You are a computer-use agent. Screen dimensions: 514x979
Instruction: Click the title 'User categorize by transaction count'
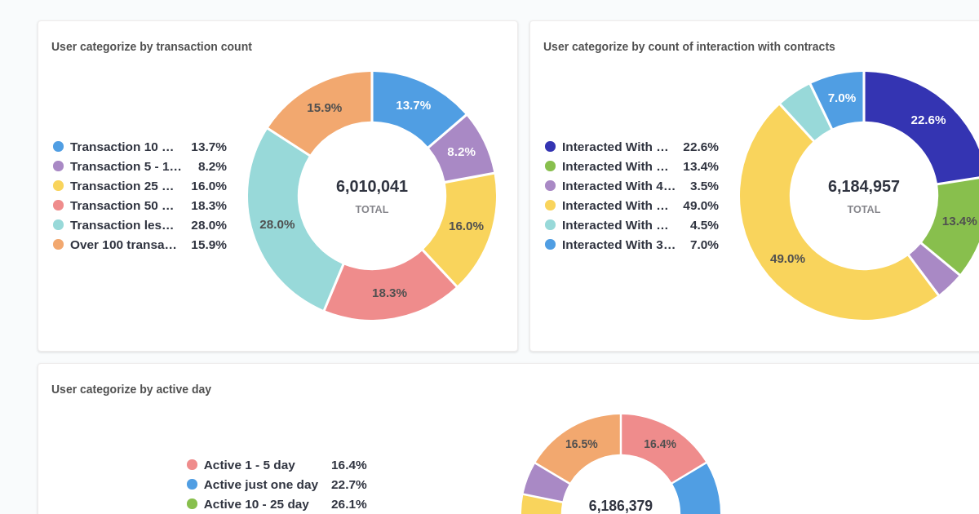152,47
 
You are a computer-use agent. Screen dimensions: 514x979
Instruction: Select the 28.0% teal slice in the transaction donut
277,224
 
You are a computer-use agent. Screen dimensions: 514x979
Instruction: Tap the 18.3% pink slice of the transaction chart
389,292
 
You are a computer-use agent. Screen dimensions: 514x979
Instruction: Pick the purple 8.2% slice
461,151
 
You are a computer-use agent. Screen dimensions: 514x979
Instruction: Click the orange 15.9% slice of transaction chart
324,107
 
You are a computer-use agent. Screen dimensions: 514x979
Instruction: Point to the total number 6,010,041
372,186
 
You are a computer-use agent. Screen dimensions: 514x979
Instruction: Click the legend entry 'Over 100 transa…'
123,244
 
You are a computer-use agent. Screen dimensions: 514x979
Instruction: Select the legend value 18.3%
209,205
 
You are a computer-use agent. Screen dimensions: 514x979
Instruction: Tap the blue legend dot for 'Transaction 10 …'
58,147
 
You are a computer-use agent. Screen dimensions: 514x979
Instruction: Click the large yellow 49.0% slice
787,258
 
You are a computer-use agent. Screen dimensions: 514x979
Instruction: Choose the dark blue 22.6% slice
928,120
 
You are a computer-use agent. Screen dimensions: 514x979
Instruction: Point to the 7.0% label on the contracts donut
842,98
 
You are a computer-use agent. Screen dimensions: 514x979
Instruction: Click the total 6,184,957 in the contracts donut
864,186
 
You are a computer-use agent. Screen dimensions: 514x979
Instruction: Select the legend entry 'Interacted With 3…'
618,244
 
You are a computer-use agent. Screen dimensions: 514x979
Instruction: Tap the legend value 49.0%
701,205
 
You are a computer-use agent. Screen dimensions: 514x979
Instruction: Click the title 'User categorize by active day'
131,389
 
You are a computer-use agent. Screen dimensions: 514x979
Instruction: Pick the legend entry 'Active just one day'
260,484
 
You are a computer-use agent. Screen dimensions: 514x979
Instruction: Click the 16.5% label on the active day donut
582,444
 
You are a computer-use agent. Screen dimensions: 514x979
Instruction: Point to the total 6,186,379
621,506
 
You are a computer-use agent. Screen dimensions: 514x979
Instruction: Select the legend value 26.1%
349,503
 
